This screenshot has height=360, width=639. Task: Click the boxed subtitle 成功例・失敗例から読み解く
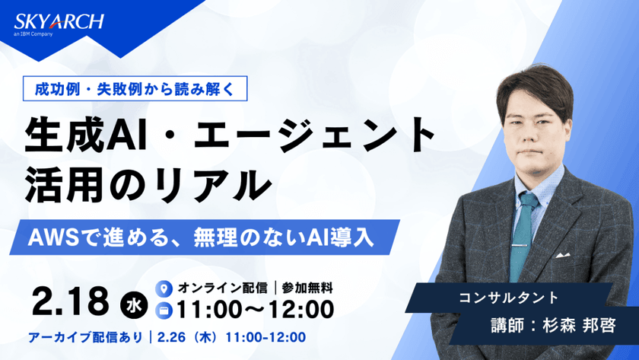pyautogui.click(x=138, y=88)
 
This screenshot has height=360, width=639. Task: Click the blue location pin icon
pyautogui.click(x=161, y=288)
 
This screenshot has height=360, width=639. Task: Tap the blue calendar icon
pyautogui.click(x=161, y=310)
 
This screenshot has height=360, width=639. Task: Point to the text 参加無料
pyautogui.click(x=308, y=288)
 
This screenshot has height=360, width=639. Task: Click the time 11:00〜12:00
pyautogui.click(x=255, y=310)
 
